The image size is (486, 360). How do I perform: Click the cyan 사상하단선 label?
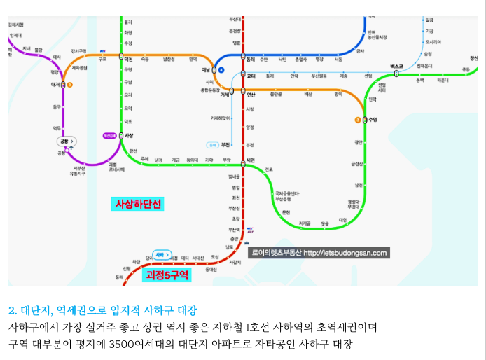click(138, 204)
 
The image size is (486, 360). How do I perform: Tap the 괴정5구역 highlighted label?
click(167, 275)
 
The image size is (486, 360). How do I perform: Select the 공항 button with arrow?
click(67, 141)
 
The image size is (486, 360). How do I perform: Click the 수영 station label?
click(373, 120)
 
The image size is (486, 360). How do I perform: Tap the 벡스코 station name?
click(397, 66)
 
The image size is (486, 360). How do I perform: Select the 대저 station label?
click(55, 84)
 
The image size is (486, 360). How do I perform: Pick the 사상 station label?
click(129, 135)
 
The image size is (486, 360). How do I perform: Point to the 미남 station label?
click(206, 70)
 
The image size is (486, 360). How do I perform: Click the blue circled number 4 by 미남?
click(221, 70)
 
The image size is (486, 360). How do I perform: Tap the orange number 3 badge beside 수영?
click(358, 120)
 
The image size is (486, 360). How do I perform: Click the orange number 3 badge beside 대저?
click(69, 84)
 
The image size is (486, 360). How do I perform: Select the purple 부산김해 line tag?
click(109, 135)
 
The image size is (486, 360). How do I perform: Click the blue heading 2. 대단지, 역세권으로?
click(103, 310)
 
